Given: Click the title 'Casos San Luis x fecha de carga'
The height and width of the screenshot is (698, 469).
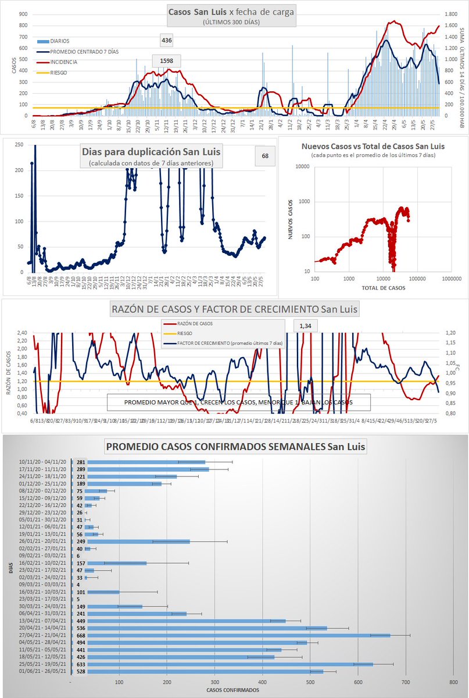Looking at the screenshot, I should (231, 12).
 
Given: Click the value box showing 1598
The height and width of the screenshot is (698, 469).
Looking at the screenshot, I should (167, 60).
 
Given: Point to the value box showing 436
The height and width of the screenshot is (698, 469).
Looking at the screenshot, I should (167, 41).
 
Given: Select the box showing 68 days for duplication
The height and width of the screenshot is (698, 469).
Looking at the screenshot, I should (265, 155).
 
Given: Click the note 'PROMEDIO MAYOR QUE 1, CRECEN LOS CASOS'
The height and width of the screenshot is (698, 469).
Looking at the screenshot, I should (238, 403).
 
